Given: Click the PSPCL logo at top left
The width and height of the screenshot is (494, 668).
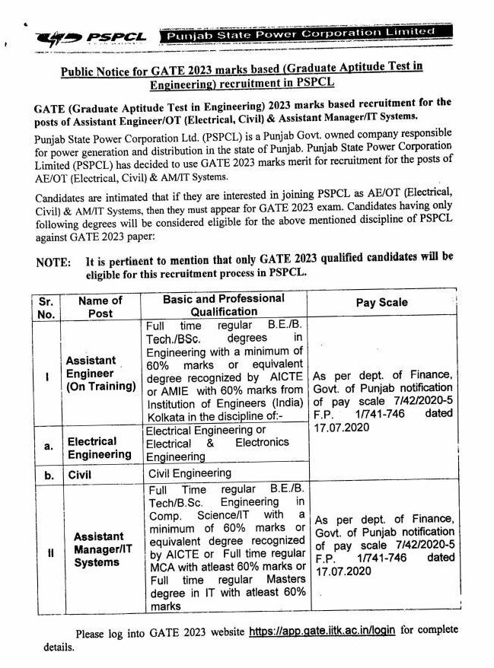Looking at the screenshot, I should coord(84,37).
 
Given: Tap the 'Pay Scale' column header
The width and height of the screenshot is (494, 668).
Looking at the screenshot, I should coord(381,302).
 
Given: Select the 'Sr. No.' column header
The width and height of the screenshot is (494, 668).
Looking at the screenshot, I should coord(46,307).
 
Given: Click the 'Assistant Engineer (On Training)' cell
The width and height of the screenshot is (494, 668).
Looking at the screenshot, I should coord(100,373).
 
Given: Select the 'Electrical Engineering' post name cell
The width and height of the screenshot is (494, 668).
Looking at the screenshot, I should coord(100,447).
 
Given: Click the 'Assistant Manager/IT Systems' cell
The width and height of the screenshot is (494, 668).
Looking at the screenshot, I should coord(99,549).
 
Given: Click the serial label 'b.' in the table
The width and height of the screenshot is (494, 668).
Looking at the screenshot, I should coord(48,472).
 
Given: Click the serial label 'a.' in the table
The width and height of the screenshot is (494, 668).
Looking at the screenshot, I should coord(48,447).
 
